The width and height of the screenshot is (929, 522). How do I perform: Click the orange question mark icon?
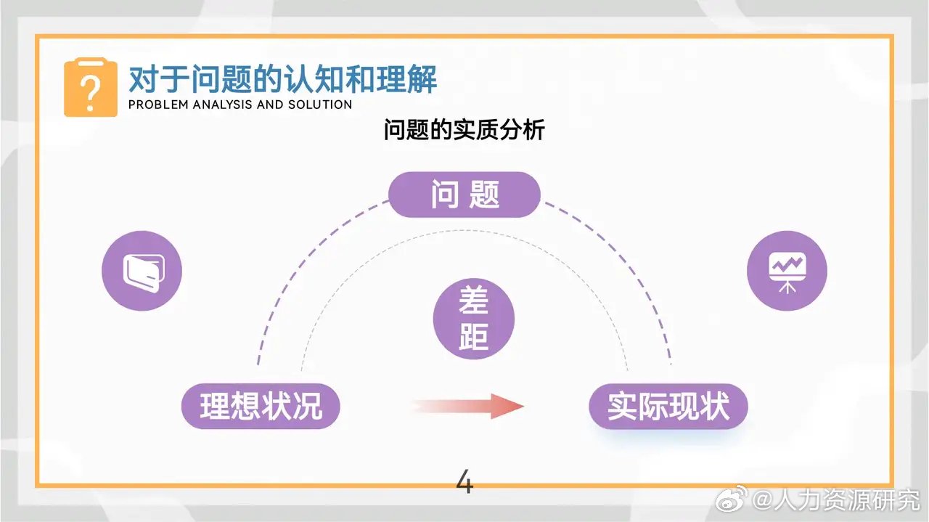(x=90, y=89)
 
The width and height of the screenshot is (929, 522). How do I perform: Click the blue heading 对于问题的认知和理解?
(x=282, y=78)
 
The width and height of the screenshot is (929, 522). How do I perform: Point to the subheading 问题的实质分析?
(x=464, y=131)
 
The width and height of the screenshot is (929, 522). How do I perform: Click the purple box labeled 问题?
(x=464, y=195)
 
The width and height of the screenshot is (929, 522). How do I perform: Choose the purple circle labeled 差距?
(x=473, y=319)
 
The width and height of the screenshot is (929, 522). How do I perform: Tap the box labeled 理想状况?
(x=261, y=406)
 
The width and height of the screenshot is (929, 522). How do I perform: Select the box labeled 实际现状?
(x=668, y=406)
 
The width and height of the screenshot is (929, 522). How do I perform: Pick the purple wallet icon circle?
(x=142, y=271)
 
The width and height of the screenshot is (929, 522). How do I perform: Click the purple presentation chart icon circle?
(x=787, y=271)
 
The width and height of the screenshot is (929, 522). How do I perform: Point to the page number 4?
(x=464, y=482)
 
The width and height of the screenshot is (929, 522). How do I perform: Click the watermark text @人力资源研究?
(x=835, y=499)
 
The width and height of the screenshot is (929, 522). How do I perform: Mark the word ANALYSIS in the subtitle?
(x=220, y=105)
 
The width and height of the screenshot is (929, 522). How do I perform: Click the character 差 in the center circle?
(x=473, y=302)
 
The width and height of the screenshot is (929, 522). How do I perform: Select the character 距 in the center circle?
(x=473, y=336)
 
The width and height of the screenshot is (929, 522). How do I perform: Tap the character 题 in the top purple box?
(x=485, y=195)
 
